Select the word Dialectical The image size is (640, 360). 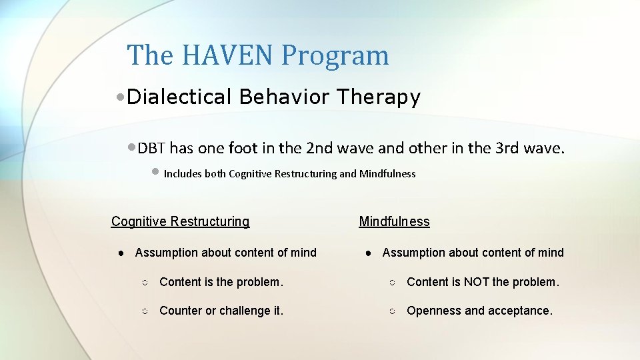[179, 97]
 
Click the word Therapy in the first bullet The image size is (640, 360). [378, 97]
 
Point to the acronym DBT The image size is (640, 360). [152, 148]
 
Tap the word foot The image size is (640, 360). [242, 148]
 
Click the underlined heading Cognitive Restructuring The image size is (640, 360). [180, 221]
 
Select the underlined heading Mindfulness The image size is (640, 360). [394, 221]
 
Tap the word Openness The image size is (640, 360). [433, 311]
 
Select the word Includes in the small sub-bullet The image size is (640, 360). [183, 174]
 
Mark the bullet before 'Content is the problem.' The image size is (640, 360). [145, 283]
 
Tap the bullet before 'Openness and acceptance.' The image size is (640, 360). [392, 312]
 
